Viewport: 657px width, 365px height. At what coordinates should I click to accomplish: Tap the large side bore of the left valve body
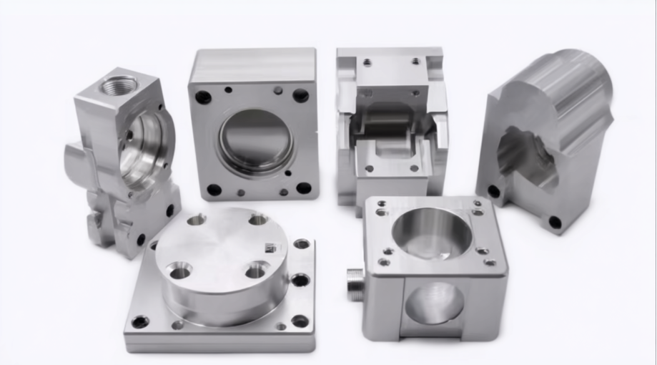pyautogui.click(x=144, y=146)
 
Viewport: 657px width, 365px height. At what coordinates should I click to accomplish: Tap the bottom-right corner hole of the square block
pyautogui.click(x=304, y=188)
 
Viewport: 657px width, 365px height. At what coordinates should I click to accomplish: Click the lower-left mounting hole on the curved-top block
pyautogui.click(x=493, y=192)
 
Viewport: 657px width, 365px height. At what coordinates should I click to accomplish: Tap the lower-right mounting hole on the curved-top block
pyautogui.click(x=555, y=222)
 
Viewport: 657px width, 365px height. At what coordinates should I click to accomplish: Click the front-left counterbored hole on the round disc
pyautogui.click(x=179, y=271)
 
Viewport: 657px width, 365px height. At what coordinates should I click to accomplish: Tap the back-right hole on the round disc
pyautogui.click(x=258, y=219)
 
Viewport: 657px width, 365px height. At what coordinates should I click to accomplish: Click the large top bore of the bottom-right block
pyautogui.click(x=432, y=233)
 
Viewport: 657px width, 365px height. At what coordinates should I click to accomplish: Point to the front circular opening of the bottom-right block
pyautogui.click(x=434, y=301)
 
